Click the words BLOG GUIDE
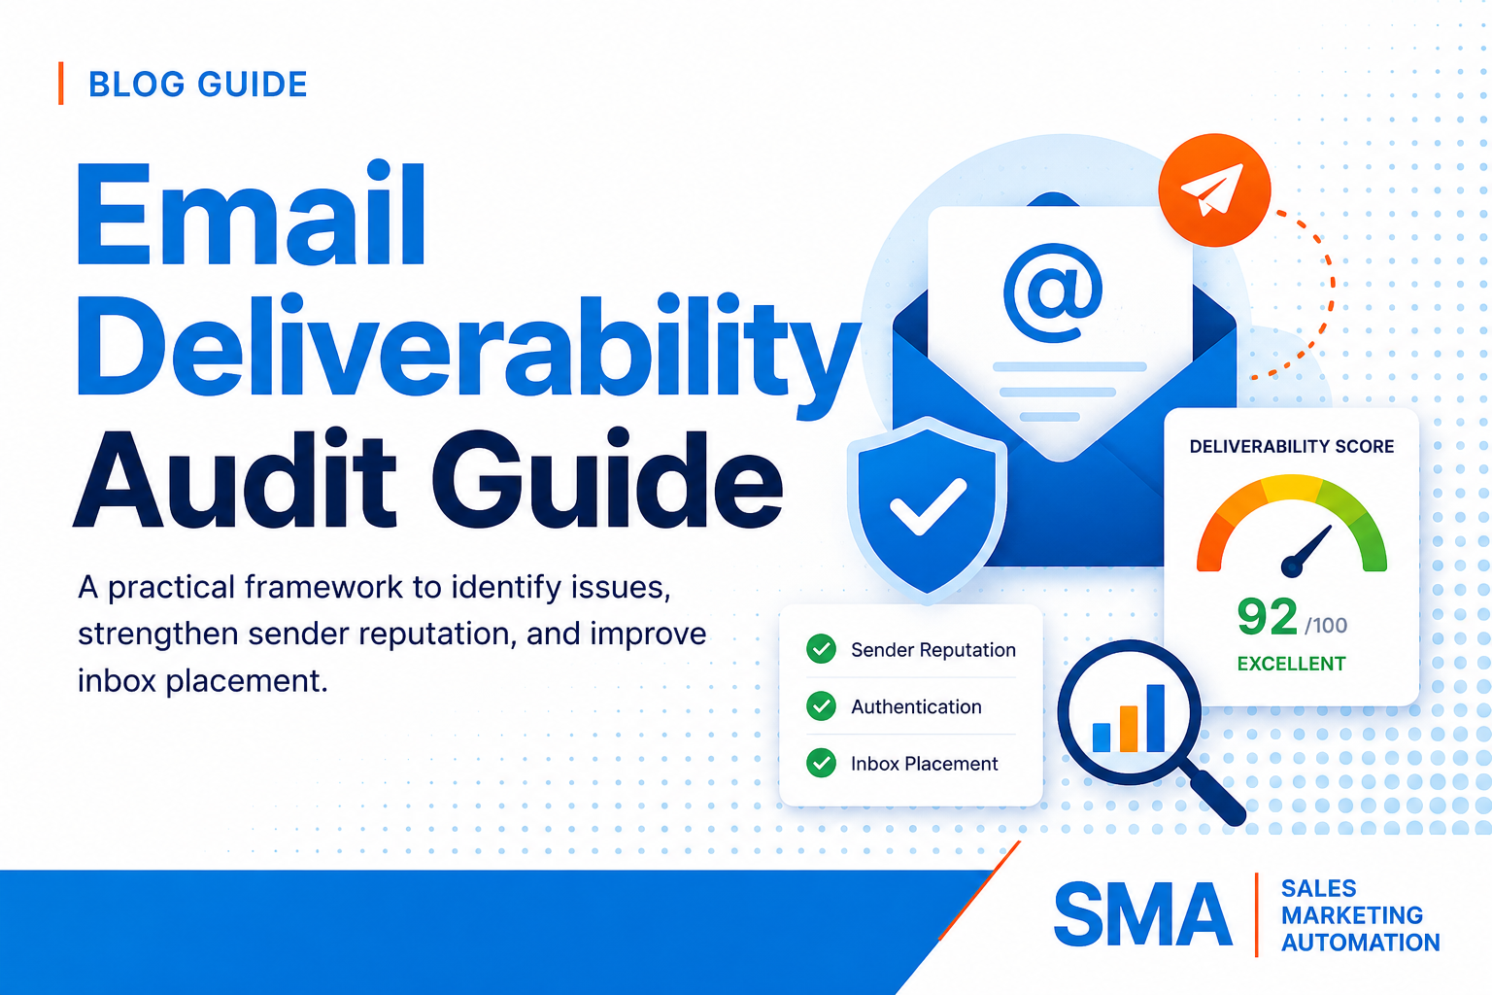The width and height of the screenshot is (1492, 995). click(x=198, y=85)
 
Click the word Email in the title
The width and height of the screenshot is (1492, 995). click(x=251, y=213)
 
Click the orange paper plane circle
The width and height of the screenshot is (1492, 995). click(x=1214, y=189)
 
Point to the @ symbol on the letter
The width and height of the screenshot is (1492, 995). click(x=1053, y=292)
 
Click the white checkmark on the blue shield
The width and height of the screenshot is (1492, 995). click(x=929, y=506)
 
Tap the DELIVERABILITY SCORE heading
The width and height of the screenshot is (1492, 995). click(x=1292, y=447)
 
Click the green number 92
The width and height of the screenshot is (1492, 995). click(x=1267, y=616)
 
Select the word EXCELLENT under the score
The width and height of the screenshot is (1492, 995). click(x=1292, y=664)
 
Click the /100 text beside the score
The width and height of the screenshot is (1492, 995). click(x=1326, y=625)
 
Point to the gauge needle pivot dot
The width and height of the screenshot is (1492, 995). click(x=1292, y=566)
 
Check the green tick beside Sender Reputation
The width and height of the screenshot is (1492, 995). click(x=821, y=648)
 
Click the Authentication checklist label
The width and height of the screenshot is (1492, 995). click(x=916, y=706)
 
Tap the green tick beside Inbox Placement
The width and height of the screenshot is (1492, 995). click(x=821, y=763)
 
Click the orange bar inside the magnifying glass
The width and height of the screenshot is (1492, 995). click(x=1129, y=729)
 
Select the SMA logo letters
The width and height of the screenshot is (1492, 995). click(x=1143, y=913)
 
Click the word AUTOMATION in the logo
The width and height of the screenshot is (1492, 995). click(x=1361, y=943)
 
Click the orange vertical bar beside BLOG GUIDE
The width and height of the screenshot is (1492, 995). click(x=60, y=84)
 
